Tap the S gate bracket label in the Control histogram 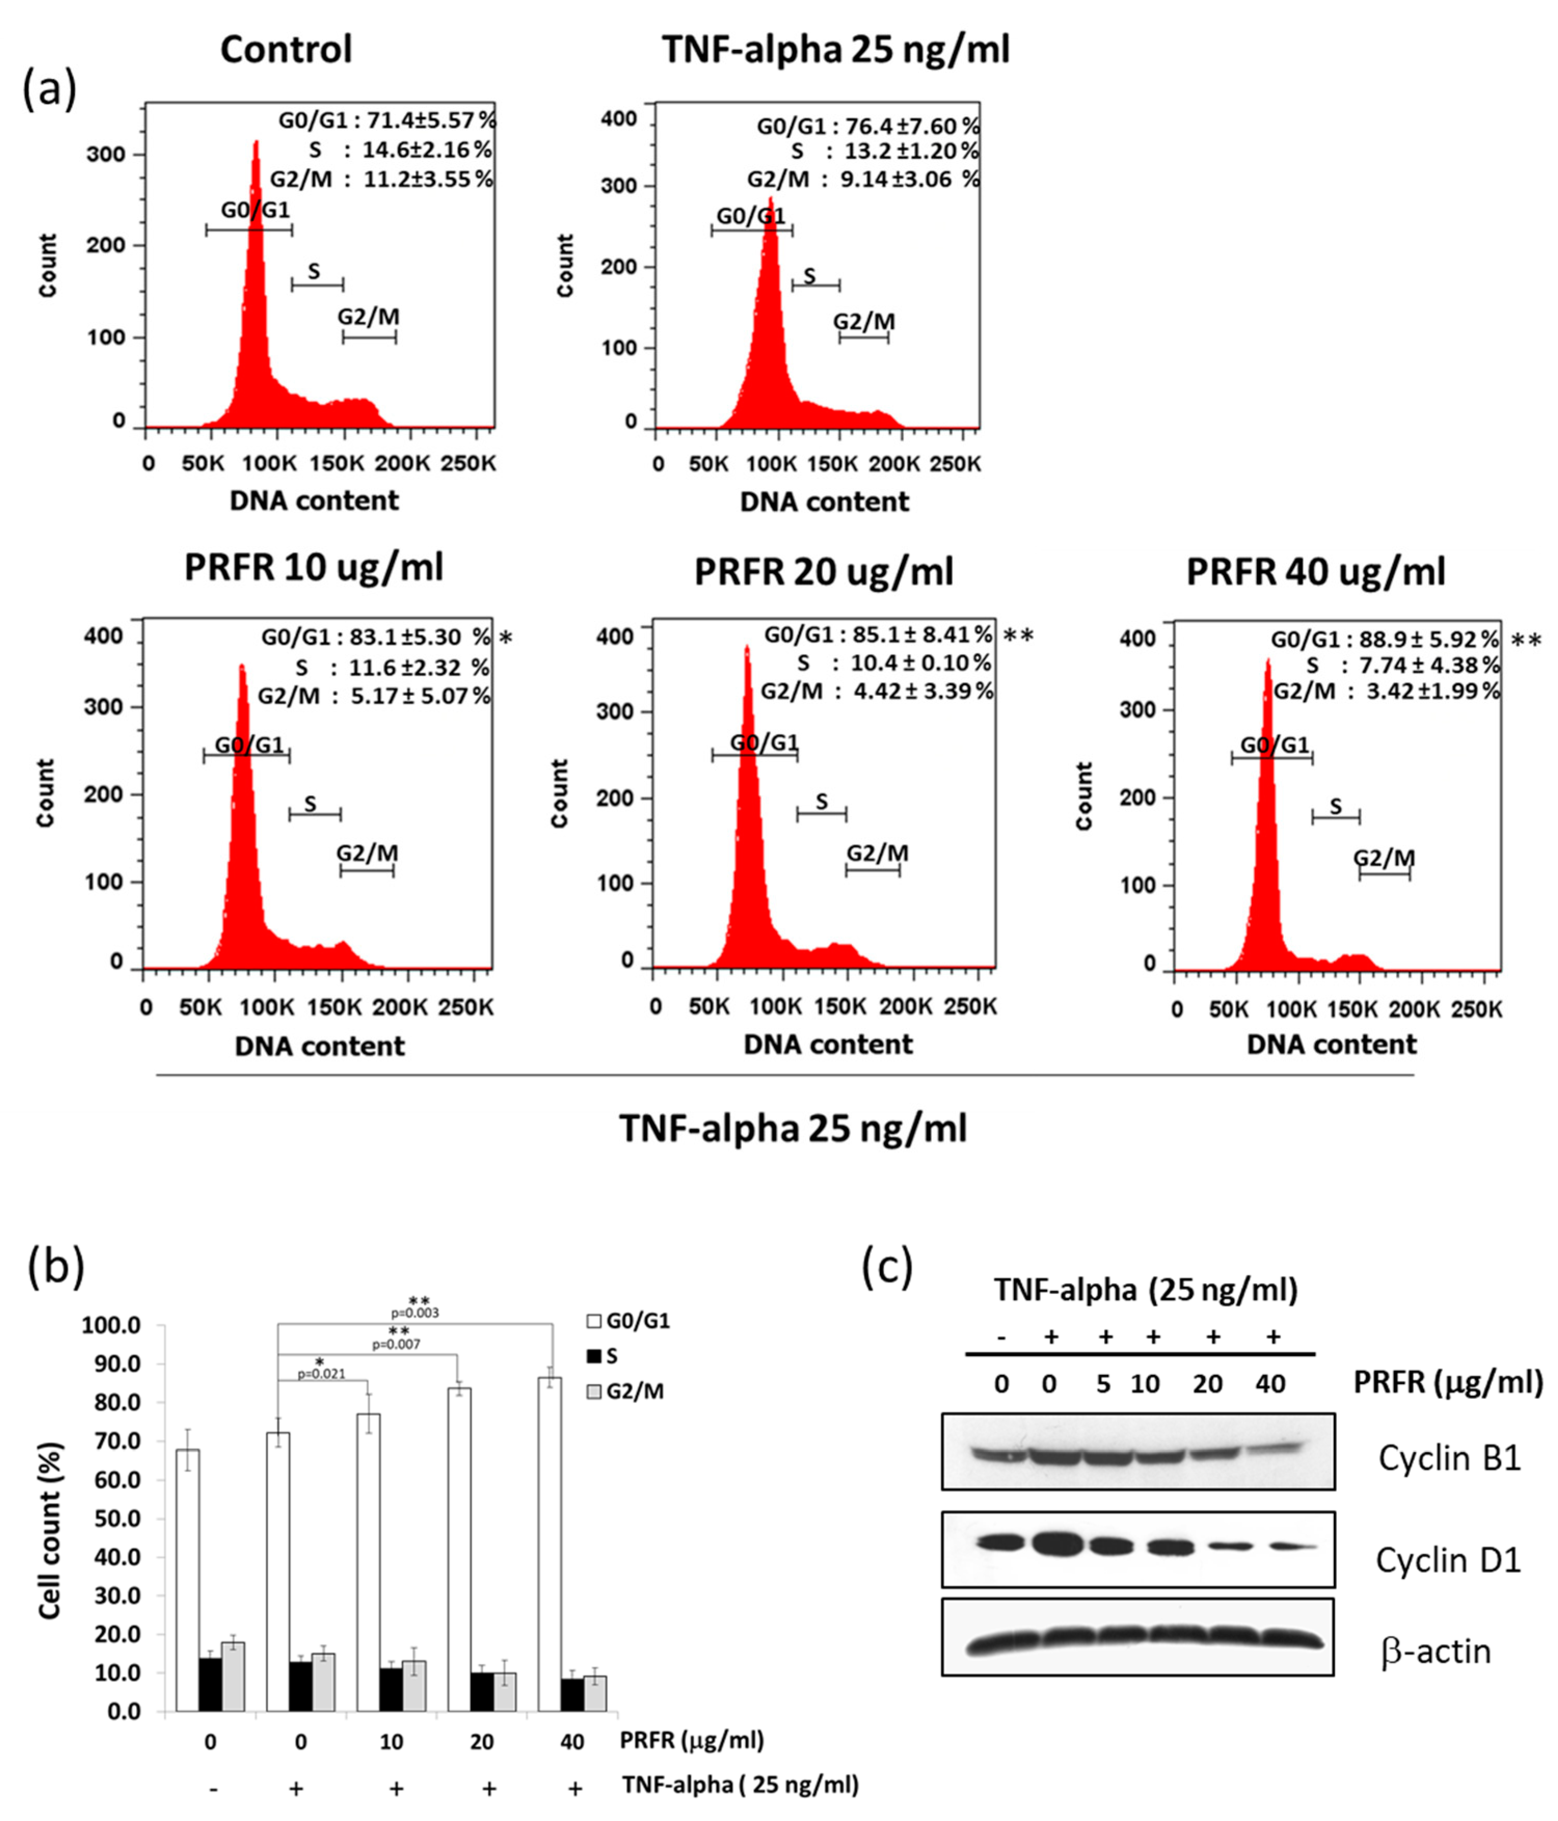pyautogui.click(x=314, y=271)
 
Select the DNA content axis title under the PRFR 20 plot pyautogui.click(x=828, y=1044)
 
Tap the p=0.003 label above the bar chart pyautogui.click(x=415, y=1313)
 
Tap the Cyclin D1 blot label pyautogui.click(x=1447, y=1560)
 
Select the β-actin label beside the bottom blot pyautogui.click(x=1436, y=1651)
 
